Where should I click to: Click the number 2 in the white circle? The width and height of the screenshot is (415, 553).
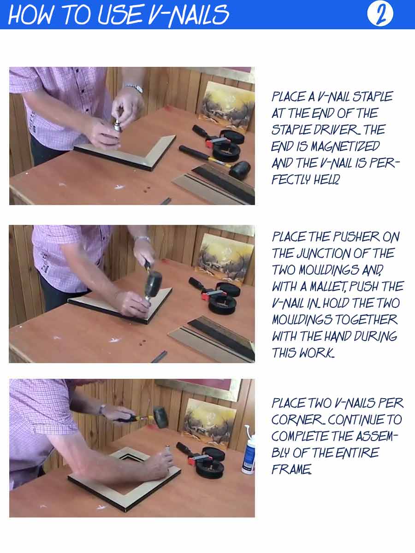(380, 14)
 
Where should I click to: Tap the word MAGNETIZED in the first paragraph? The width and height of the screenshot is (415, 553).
(345, 147)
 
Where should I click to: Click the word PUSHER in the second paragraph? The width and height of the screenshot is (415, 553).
(356, 237)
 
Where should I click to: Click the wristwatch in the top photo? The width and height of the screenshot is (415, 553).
(134, 88)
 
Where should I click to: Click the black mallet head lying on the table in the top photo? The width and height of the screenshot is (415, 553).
(240, 170)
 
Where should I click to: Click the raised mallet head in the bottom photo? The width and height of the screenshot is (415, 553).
(161, 417)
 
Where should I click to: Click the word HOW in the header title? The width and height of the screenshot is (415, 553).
(30, 15)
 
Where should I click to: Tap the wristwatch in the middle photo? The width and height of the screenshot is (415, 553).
(142, 238)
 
